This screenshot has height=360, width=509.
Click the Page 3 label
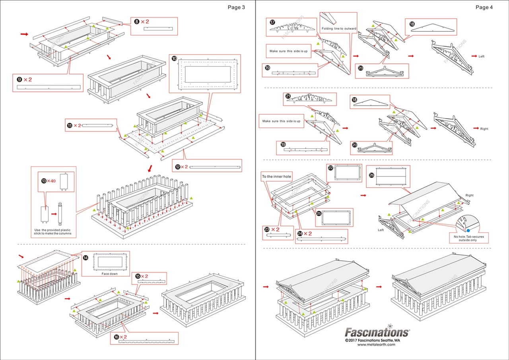coord(236,7)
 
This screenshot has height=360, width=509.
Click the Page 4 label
coord(484,7)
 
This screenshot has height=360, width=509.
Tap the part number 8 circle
coord(137,22)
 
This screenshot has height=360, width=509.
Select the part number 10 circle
coord(174,58)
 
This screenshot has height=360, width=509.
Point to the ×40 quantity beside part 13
coord(51,181)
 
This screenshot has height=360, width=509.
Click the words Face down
coord(109,274)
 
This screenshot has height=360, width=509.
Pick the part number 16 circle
coord(117,337)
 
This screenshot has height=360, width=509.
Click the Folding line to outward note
coord(339,29)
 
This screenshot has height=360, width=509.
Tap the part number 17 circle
coord(272,23)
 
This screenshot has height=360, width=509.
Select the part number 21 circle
coord(288,96)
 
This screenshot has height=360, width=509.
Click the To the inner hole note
coord(276,176)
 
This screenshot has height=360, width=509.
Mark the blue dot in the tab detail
coord(468,230)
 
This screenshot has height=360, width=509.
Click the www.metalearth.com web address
coord(376,344)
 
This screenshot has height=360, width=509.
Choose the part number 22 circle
coord(330,168)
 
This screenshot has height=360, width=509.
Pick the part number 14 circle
coord(85,257)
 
